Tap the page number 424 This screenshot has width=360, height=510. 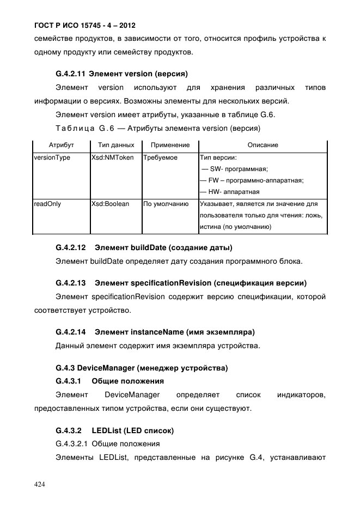coord(39,484)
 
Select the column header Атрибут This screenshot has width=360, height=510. coord(61,145)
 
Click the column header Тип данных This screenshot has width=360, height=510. coord(115,145)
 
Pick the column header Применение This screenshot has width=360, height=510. coord(170,145)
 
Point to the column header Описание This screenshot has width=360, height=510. coord(263,145)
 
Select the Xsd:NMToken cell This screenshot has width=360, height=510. coord(113,157)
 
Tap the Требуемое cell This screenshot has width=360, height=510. coord(160,157)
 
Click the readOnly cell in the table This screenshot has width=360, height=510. coord(47,204)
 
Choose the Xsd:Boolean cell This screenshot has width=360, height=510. coord(111,204)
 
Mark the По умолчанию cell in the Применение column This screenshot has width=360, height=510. coord(166,204)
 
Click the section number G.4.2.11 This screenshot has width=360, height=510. coord(70,73)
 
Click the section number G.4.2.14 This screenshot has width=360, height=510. coord(71,331)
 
